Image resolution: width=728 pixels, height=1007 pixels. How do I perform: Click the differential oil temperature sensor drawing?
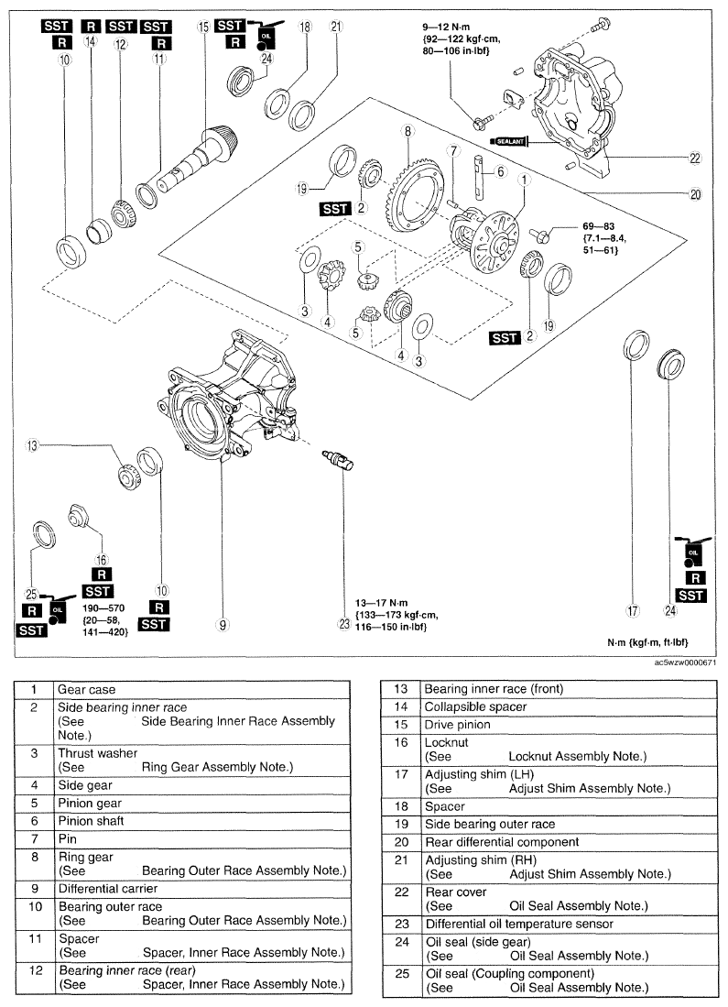pyautogui.click(x=338, y=460)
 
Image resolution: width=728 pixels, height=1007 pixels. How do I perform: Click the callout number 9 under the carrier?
pyautogui.click(x=223, y=624)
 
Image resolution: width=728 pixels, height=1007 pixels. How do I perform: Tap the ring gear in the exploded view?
pyautogui.click(x=416, y=192)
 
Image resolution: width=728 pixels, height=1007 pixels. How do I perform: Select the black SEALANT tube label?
pyautogui.click(x=509, y=140)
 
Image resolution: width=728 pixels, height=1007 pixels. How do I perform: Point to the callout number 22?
pyautogui.click(x=695, y=158)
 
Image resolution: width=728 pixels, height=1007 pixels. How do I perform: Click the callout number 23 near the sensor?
pyautogui.click(x=344, y=623)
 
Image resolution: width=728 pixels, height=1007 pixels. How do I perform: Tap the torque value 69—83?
pyautogui.click(x=598, y=226)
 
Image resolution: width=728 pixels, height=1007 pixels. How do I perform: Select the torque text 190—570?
pyautogui.click(x=103, y=608)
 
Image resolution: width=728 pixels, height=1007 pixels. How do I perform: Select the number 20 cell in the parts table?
pyautogui.click(x=401, y=842)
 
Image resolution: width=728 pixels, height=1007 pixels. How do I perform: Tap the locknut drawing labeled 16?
pyautogui.click(x=78, y=516)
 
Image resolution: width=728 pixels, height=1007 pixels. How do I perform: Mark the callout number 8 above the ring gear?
pyautogui.click(x=407, y=131)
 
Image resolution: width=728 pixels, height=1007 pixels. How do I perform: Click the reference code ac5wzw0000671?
pyautogui.click(x=685, y=662)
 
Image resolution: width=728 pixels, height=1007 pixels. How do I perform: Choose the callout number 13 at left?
pyautogui.click(x=31, y=445)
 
